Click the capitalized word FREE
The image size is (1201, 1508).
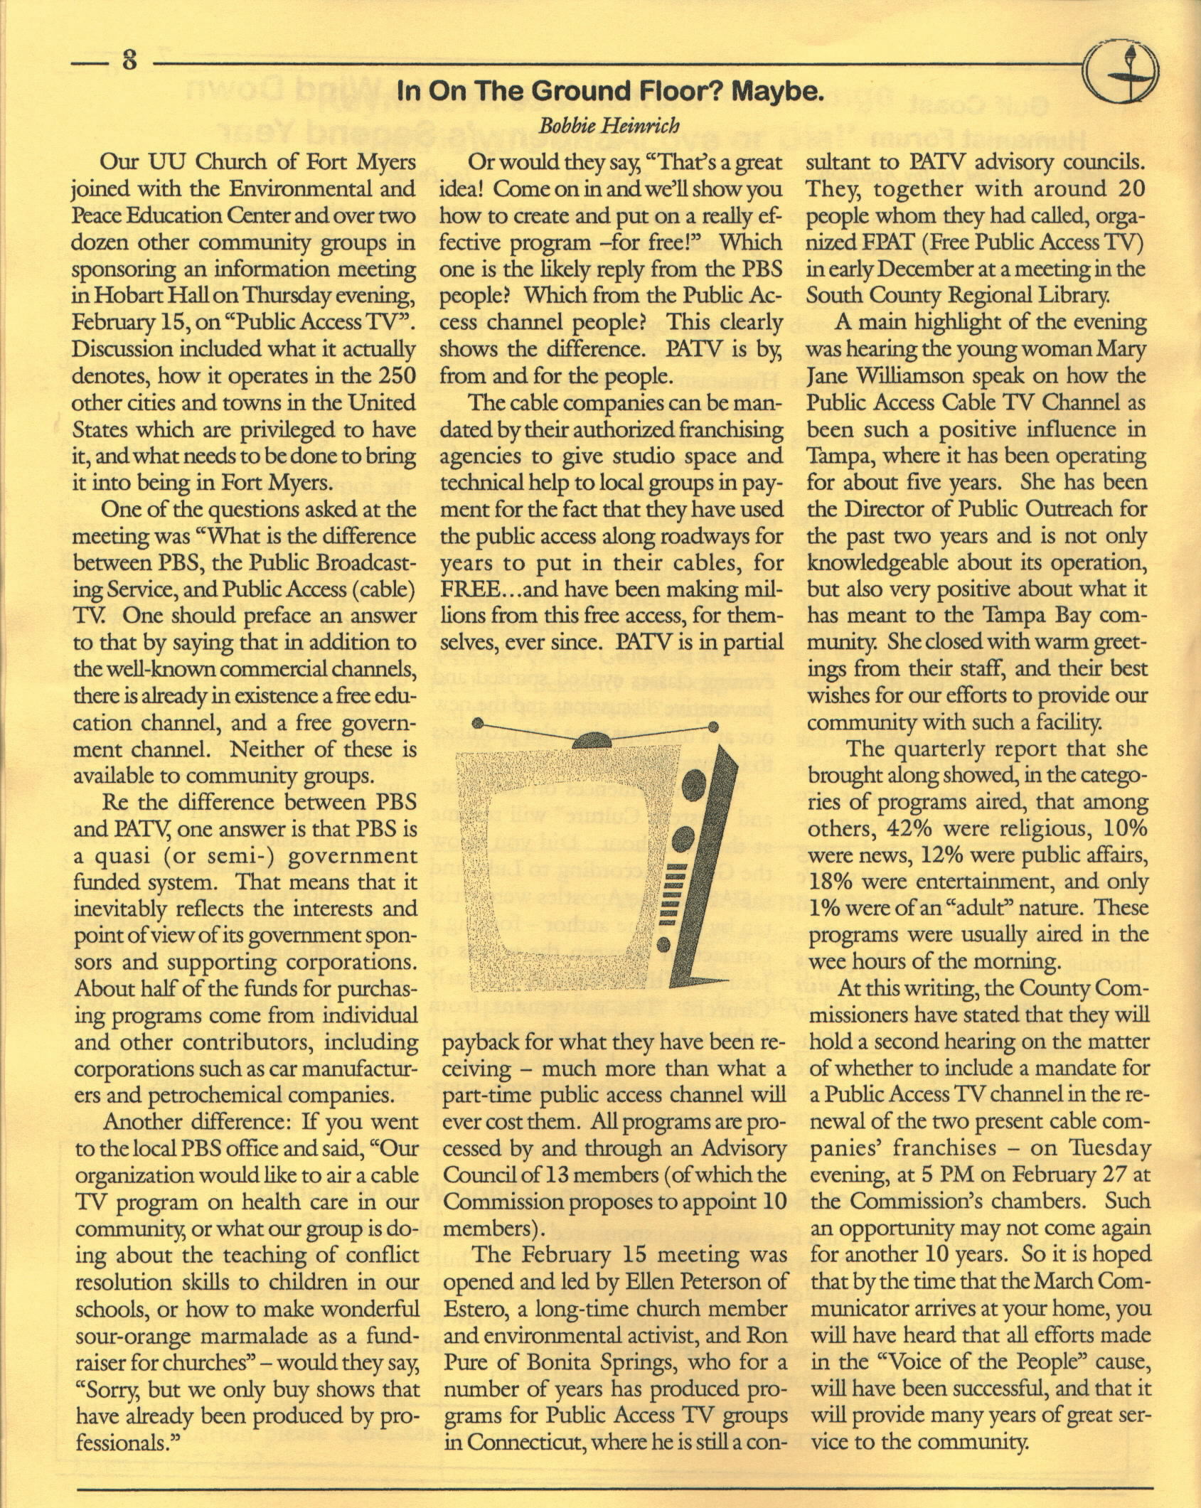[x=471, y=589]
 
